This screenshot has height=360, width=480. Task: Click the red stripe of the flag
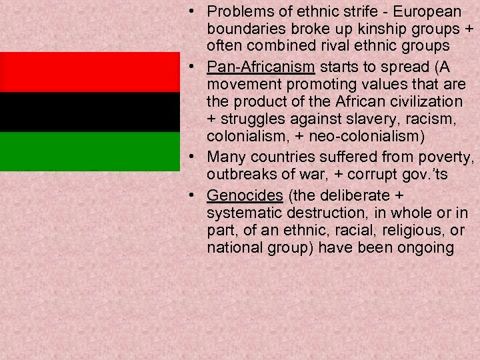pyautogui.click(x=90, y=72)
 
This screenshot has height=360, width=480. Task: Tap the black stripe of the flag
pyautogui.click(x=90, y=112)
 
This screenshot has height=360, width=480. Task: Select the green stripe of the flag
pyautogui.click(x=90, y=152)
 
